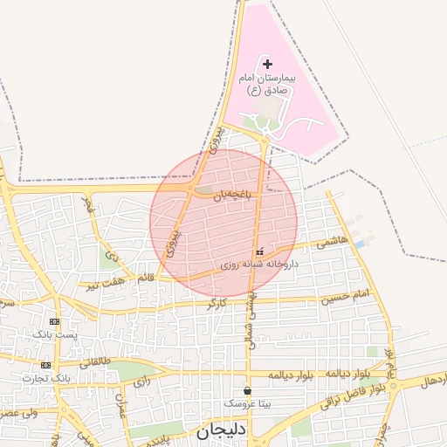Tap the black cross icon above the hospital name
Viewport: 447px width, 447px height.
point(267,64)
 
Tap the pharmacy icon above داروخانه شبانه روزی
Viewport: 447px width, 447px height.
point(258,251)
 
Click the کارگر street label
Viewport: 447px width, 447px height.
point(217,304)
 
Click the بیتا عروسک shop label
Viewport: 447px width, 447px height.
point(248,404)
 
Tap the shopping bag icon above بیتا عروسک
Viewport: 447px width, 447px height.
point(248,390)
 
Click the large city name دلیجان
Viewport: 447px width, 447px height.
point(223,430)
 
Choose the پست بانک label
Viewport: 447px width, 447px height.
point(55,334)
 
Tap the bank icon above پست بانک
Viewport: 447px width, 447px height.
point(55,321)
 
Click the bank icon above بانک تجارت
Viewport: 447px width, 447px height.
point(45,365)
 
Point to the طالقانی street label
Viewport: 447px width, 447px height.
point(93,361)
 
